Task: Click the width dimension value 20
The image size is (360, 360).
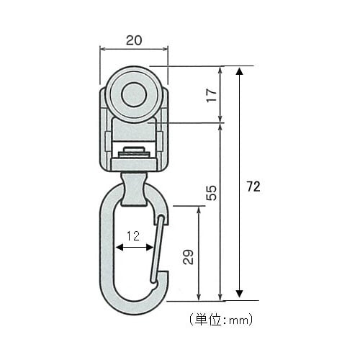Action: pyautogui.click(x=133, y=41)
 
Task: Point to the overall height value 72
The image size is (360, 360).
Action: pyautogui.click(x=252, y=186)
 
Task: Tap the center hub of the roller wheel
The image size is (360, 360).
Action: pyautogui.click(x=133, y=94)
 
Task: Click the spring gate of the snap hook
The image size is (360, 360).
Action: pyautogui.click(x=158, y=248)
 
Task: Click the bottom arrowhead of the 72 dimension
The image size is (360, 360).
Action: pyautogui.click(x=239, y=295)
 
